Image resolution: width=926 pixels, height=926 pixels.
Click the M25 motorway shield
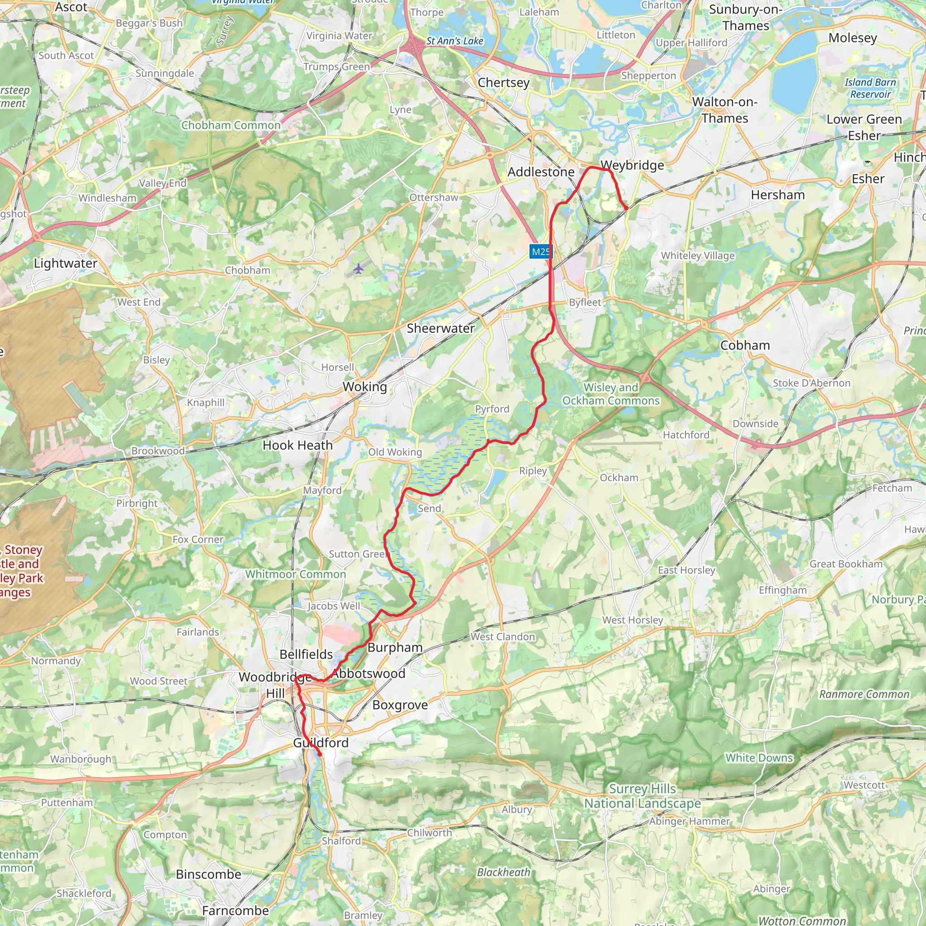[x=541, y=252]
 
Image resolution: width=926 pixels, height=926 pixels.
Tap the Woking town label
[x=364, y=387]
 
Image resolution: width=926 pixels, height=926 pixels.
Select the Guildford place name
[x=321, y=742]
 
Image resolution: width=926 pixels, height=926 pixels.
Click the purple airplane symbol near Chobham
[x=359, y=269]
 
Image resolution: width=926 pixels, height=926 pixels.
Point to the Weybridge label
[x=632, y=165]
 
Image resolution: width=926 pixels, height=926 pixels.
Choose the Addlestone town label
[x=541, y=172]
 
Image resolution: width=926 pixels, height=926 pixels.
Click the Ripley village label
[x=533, y=471]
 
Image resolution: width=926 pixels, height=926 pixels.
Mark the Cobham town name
[x=745, y=345]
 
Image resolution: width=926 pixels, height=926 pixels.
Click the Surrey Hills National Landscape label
[x=642, y=796]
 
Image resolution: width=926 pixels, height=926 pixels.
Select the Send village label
[x=429, y=509]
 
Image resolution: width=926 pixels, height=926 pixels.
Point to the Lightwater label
[x=66, y=263]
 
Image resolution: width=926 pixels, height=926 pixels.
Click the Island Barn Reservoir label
[x=870, y=88]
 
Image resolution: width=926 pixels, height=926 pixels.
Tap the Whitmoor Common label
[x=295, y=574]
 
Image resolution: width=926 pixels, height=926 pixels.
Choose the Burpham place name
[x=395, y=647]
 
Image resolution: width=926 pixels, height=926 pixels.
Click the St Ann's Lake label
[x=454, y=41]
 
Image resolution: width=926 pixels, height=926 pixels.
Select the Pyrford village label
[x=492, y=409]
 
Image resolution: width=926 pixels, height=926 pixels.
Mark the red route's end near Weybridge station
[x=626, y=208]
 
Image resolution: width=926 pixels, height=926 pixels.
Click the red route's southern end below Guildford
[x=320, y=755]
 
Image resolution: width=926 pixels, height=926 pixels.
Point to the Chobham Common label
[x=231, y=126]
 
